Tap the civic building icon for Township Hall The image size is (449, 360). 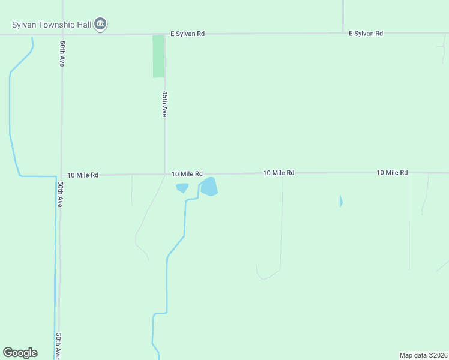100,25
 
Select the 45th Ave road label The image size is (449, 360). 164,104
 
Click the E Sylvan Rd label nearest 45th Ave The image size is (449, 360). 187,34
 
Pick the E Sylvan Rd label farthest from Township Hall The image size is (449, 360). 366,34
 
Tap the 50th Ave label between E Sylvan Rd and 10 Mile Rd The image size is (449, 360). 62,53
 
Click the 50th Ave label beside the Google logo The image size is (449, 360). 59,346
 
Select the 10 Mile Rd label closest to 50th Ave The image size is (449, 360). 83,175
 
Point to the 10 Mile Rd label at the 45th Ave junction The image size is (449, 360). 187,174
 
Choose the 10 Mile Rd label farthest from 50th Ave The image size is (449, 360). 392,173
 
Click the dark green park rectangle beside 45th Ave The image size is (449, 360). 158,56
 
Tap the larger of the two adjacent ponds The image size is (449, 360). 208,187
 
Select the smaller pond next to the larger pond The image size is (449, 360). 182,188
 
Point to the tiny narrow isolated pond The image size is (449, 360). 340,201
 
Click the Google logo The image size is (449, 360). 20,353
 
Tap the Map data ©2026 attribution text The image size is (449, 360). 423,355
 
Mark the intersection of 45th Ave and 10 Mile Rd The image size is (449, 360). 165,175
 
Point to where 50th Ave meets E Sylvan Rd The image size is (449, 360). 62,34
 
